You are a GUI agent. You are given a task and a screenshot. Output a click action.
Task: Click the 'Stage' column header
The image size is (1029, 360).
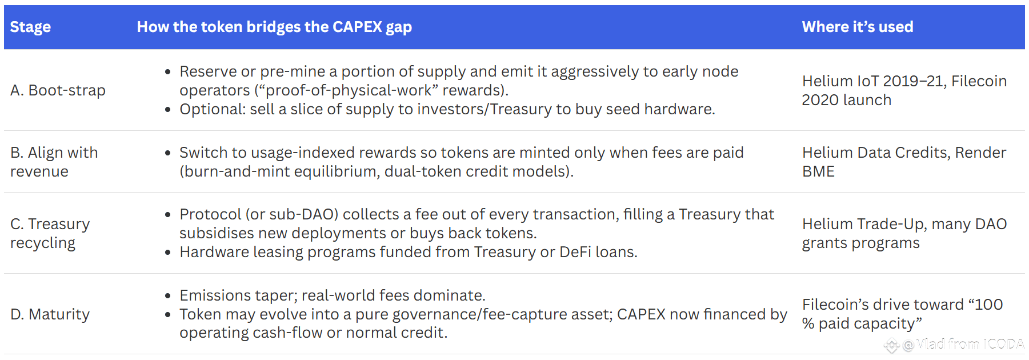[30, 27]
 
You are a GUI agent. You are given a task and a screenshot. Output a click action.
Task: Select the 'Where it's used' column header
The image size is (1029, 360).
[857, 27]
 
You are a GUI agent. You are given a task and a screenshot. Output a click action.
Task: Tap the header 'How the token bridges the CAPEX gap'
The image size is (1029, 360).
[274, 27]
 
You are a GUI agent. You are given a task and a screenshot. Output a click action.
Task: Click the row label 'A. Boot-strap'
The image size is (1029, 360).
[58, 90]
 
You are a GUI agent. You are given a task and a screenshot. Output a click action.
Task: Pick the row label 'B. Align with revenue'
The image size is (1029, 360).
[54, 162]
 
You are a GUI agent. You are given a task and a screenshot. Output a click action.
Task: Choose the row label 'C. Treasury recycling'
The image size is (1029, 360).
[50, 233]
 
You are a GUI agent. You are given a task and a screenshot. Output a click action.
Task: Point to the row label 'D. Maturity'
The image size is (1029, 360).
[50, 314]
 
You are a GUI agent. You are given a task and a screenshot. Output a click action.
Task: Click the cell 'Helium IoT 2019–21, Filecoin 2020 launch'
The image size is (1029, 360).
[904, 90]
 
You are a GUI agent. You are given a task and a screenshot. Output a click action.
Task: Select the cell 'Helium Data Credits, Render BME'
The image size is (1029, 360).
[904, 162]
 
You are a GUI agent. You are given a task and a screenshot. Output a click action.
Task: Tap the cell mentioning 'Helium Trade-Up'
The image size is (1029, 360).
[904, 233]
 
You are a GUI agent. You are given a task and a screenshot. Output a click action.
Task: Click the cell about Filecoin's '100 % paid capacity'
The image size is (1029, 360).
[902, 314]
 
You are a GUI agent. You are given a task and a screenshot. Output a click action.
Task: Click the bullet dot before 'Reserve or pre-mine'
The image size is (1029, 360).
[167, 72]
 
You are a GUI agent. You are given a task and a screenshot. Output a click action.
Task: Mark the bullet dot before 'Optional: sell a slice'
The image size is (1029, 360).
[167, 110]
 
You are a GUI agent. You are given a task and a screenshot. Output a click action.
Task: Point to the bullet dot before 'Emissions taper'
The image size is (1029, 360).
[167, 296]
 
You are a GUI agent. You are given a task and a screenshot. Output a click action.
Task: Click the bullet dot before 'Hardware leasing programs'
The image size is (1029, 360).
[167, 253]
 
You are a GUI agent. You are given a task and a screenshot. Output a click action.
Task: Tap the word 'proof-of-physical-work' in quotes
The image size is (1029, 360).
[349, 90]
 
